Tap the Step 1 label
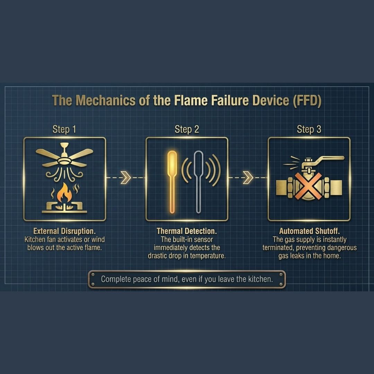pyautogui.click(x=64, y=130)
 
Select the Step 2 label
pyautogui.click(x=187, y=130)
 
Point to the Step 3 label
pyautogui.click(x=309, y=130)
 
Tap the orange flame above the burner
pyautogui.click(x=64, y=193)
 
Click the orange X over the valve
pyautogui.click(x=308, y=186)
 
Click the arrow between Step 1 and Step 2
pyautogui.click(x=126, y=177)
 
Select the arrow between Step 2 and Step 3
pyautogui.click(x=248, y=177)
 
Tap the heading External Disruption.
pyautogui.click(x=64, y=231)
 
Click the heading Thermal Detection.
pyautogui.click(x=187, y=231)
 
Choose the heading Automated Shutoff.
pyautogui.click(x=309, y=231)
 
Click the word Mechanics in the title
pyautogui.click(x=105, y=100)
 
